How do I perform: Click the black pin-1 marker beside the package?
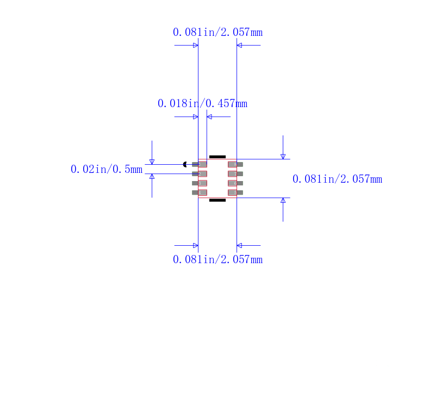pyautogui.click(x=185, y=164)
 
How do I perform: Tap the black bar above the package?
pyautogui.click(x=217, y=157)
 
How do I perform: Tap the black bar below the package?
pyautogui.click(x=217, y=200)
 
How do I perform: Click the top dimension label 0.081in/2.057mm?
pyautogui.click(x=217, y=32)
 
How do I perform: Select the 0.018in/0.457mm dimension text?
pyautogui.click(x=202, y=103)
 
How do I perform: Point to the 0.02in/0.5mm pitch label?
pyautogui.click(x=107, y=169)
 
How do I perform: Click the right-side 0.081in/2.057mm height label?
pyautogui.click(x=337, y=179)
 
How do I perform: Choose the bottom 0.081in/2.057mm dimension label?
pyautogui.click(x=217, y=259)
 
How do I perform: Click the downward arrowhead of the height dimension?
pyautogui.click(x=283, y=157)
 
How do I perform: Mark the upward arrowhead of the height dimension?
pyautogui.click(x=283, y=200)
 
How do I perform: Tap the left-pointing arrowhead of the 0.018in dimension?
pyautogui.click(x=209, y=116)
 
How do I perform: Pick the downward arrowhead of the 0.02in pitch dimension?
pyautogui.click(x=152, y=161)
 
